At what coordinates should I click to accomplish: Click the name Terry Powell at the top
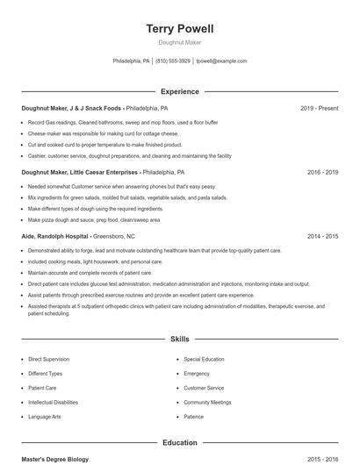tap(179, 29)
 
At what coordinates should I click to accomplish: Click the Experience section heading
tap(179, 91)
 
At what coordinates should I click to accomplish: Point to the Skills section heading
tap(179, 339)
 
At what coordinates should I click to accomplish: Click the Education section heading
tap(179, 443)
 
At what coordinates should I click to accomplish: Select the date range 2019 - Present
tap(319, 108)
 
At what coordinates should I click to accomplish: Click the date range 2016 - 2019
tap(322, 173)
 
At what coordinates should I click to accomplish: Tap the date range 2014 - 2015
tap(322, 237)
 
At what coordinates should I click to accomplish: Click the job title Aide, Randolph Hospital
tap(54, 237)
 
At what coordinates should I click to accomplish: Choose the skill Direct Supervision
tap(47, 359)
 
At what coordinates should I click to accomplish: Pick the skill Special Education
tap(204, 359)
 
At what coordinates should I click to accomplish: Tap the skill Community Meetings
tap(207, 402)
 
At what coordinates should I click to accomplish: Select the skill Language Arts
tap(44, 417)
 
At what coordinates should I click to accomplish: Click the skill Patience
tap(193, 417)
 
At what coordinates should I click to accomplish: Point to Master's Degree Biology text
tap(55, 460)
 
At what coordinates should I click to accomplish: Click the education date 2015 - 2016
tap(322, 460)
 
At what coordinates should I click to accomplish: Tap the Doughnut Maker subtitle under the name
tap(179, 42)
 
